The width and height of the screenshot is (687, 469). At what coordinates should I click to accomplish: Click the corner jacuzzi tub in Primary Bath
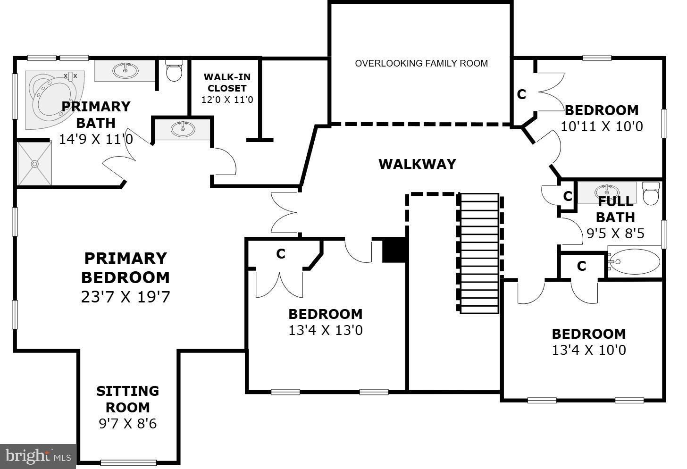(x=50, y=99)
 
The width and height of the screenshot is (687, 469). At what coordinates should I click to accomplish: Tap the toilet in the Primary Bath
(x=174, y=71)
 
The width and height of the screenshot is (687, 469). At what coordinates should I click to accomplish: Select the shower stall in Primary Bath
(x=34, y=163)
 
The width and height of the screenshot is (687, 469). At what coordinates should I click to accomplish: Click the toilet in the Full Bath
(x=651, y=194)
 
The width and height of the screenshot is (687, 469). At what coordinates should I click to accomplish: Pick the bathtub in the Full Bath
(x=635, y=261)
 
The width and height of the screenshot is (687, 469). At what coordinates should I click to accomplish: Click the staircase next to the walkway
(x=479, y=253)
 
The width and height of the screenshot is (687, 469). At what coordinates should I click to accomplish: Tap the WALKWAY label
(x=417, y=164)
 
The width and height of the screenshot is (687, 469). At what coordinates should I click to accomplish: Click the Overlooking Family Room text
(x=421, y=63)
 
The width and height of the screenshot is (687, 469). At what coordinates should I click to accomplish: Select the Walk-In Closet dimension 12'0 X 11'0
(x=227, y=100)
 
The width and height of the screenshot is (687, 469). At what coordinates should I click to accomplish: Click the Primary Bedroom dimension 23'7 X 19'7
(x=126, y=297)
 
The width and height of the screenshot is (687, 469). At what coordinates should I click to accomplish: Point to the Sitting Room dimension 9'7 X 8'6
(x=127, y=423)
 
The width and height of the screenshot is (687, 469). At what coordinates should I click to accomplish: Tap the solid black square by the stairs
(x=394, y=250)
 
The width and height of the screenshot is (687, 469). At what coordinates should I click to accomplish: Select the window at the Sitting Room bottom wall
(x=128, y=462)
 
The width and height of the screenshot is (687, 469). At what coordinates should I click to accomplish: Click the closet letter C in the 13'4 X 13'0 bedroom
(x=281, y=254)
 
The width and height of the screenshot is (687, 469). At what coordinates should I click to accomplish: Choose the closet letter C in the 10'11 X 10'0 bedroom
(x=521, y=94)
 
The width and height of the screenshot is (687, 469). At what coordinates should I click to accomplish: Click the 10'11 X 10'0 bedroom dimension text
(x=602, y=126)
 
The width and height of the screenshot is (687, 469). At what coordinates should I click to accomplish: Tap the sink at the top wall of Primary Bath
(x=126, y=71)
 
